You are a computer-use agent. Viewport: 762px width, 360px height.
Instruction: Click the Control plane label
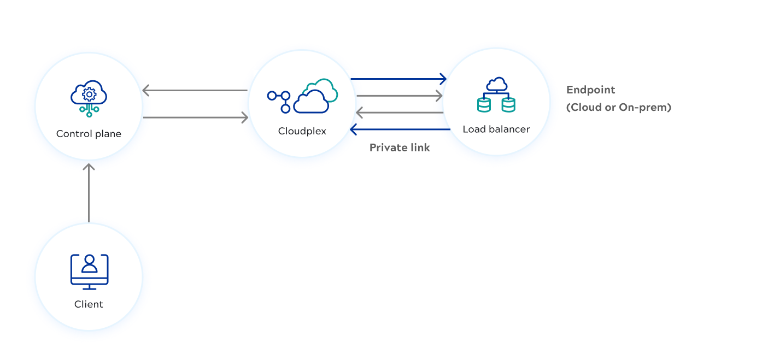89,134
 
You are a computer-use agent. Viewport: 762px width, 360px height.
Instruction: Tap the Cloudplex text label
302,131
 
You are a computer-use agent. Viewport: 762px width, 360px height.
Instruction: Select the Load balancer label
496,129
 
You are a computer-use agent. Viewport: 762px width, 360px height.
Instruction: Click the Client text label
89,304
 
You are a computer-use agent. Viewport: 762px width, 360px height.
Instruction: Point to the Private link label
400,147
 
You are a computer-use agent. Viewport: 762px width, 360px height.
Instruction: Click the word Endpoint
590,90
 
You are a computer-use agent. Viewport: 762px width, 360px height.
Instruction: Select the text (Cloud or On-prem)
618,108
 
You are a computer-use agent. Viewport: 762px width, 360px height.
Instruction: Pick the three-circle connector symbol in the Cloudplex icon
279,101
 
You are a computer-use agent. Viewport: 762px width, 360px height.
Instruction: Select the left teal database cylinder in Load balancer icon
483,104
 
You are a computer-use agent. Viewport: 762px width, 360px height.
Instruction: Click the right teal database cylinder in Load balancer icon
508,104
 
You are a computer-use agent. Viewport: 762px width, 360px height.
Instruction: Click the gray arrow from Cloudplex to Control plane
195,90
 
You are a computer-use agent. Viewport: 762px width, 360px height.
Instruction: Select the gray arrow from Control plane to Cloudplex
195,117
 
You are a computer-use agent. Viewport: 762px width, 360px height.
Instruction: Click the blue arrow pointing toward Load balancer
398,79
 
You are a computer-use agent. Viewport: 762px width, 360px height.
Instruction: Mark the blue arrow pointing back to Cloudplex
400,130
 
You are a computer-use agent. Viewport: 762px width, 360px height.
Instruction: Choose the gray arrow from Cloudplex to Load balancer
399,96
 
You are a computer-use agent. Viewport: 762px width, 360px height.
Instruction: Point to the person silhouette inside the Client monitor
89,265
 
